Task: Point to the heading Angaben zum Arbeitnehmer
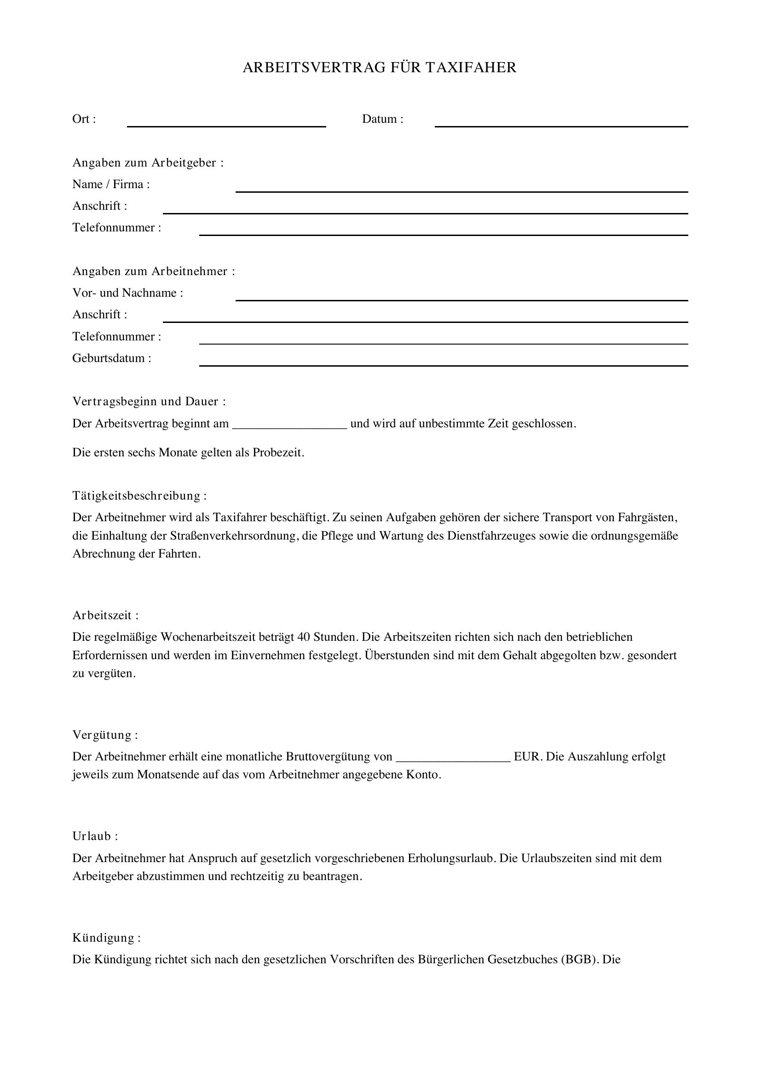coord(153,271)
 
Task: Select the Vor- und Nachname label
coord(127,293)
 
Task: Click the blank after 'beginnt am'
coord(289,425)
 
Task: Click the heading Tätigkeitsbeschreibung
coord(139,496)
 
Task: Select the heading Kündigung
coord(106,938)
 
